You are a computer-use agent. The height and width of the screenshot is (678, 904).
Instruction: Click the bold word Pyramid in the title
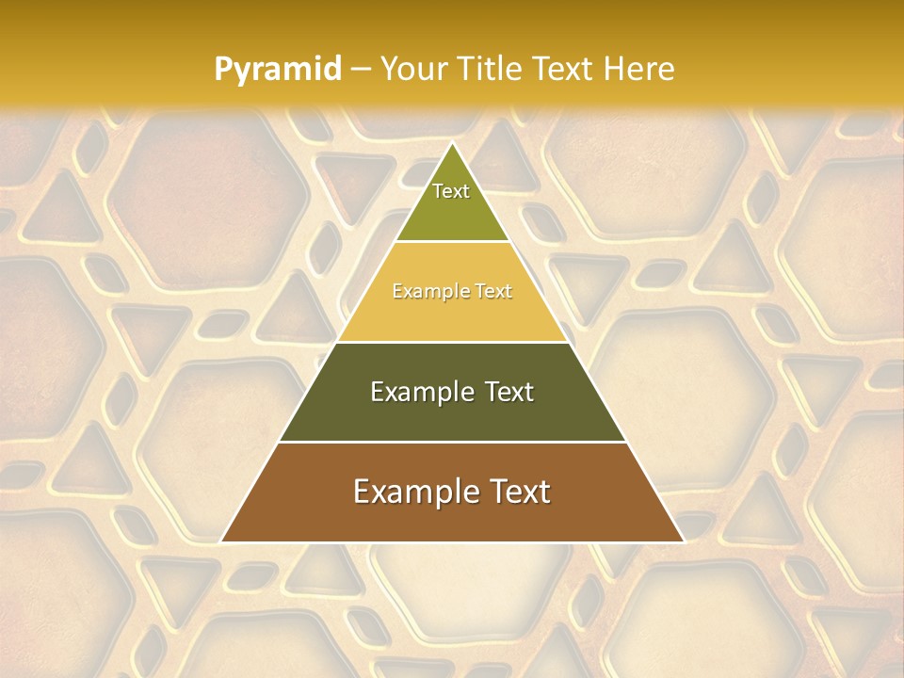pos(278,69)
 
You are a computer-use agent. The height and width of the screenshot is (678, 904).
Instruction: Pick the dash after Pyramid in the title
pos(359,70)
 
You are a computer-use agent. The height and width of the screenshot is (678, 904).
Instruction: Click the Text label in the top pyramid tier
pos(451,191)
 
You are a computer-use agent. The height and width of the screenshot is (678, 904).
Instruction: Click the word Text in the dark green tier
pos(508,392)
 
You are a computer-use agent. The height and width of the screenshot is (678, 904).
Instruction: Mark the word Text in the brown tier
pos(519,492)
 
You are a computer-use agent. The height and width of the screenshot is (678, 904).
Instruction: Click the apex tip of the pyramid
pos(452,143)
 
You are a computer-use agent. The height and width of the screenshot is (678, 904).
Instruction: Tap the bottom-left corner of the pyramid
pos(222,541)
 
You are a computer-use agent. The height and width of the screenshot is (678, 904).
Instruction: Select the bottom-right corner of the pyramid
pos(683,541)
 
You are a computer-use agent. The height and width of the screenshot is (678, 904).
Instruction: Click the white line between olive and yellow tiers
pos(452,242)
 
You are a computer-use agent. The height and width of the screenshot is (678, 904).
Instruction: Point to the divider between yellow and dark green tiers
pos(452,342)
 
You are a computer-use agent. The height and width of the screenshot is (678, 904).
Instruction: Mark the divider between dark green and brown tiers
pos(452,442)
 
